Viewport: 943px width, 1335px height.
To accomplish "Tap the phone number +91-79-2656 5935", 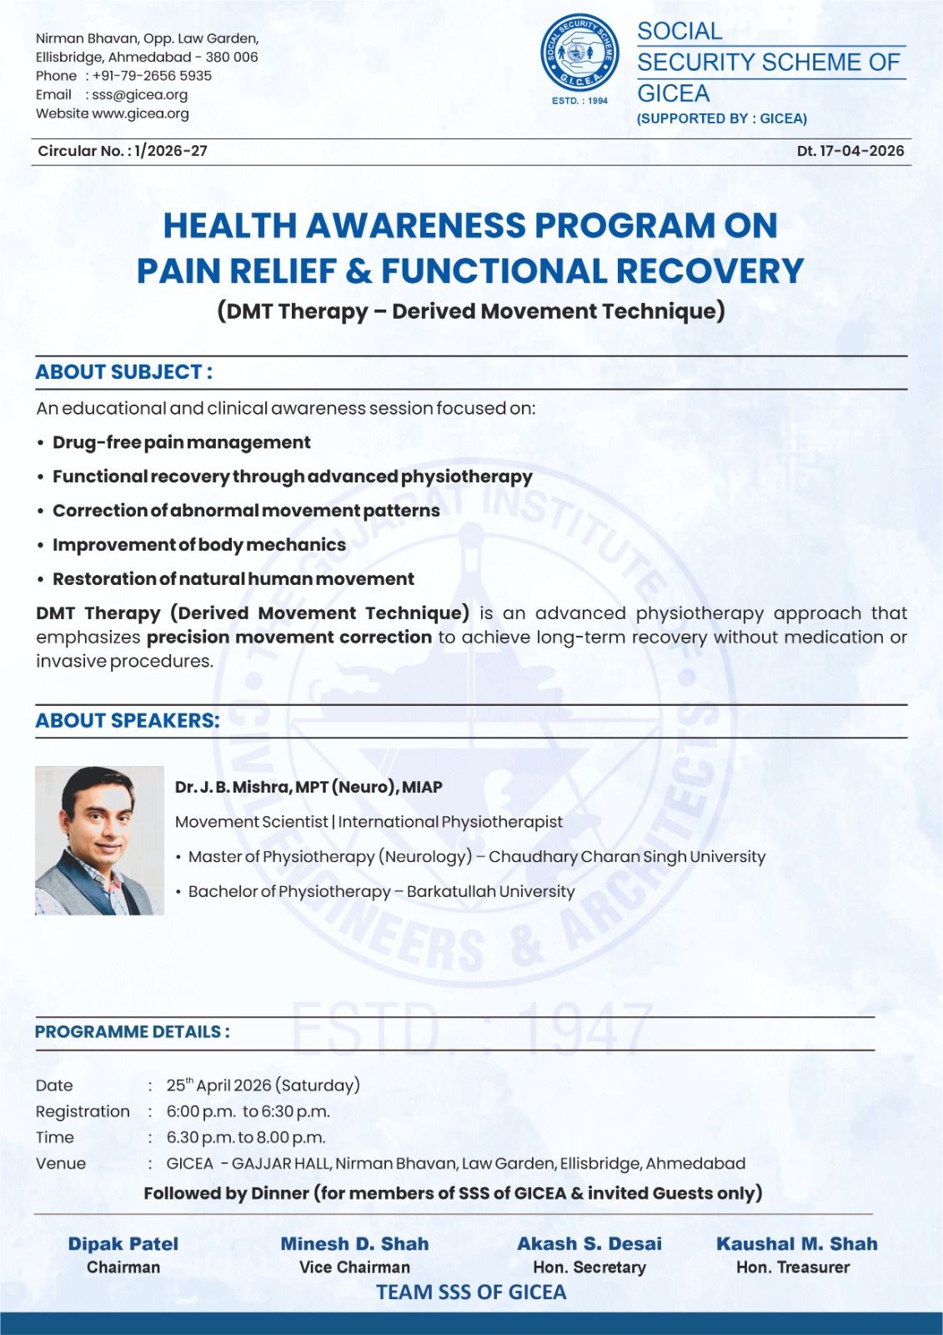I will click(x=152, y=76).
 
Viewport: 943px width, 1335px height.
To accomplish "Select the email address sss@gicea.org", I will click(x=139, y=95).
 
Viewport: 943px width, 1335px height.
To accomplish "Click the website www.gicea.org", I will click(x=140, y=113).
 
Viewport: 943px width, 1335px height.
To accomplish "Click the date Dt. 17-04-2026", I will click(x=850, y=151).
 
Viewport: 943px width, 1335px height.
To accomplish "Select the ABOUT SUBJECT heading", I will click(x=123, y=372).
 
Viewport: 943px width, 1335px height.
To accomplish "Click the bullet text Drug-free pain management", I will click(x=181, y=442).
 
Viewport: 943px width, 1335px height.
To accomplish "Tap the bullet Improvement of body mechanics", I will click(x=198, y=545).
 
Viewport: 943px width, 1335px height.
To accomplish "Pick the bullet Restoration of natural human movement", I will click(x=233, y=579).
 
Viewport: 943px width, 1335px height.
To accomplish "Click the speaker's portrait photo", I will click(x=99, y=840).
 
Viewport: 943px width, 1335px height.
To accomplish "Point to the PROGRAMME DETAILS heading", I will click(x=132, y=1032).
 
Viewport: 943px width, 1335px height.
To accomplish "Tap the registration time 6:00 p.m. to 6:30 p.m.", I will click(x=248, y=1111).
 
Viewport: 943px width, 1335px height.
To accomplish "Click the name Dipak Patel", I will click(x=123, y=1243).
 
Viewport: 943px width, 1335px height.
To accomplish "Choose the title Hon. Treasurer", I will click(x=792, y=1267).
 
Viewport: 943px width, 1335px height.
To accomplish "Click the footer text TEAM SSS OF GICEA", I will click(x=471, y=1292).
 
